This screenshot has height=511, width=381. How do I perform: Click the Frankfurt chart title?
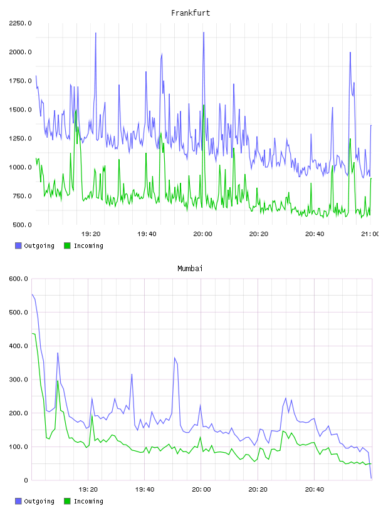point(190,13)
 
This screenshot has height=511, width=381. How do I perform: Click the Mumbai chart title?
point(190,269)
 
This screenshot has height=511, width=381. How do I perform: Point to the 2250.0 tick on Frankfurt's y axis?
point(20,23)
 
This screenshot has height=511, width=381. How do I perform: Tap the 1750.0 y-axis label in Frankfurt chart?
point(20,81)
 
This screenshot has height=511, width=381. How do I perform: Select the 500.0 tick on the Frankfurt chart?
point(22,225)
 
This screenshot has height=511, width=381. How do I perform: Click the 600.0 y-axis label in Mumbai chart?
point(19,279)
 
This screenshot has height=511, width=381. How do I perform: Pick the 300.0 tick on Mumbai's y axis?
point(19,379)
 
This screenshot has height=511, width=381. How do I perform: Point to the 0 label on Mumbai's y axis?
point(26,480)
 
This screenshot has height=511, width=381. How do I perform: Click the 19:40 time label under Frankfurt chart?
point(147,234)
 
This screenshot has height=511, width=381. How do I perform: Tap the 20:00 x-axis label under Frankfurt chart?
point(202,234)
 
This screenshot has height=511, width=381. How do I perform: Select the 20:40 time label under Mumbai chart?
point(315,490)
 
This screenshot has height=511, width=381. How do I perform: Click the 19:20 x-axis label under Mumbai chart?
point(88,490)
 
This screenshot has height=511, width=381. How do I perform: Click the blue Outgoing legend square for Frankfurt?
point(18,245)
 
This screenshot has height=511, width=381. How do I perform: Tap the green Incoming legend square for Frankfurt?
point(67,245)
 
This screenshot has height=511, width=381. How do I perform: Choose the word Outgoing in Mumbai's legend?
point(39,501)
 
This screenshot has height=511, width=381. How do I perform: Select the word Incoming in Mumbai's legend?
point(88,501)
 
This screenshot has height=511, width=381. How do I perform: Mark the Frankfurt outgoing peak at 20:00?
point(204,33)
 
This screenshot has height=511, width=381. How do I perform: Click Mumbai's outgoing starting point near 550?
point(32,294)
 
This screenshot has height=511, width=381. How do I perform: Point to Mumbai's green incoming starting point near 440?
point(32,333)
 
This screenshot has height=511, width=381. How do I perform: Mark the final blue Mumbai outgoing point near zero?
point(371,478)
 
